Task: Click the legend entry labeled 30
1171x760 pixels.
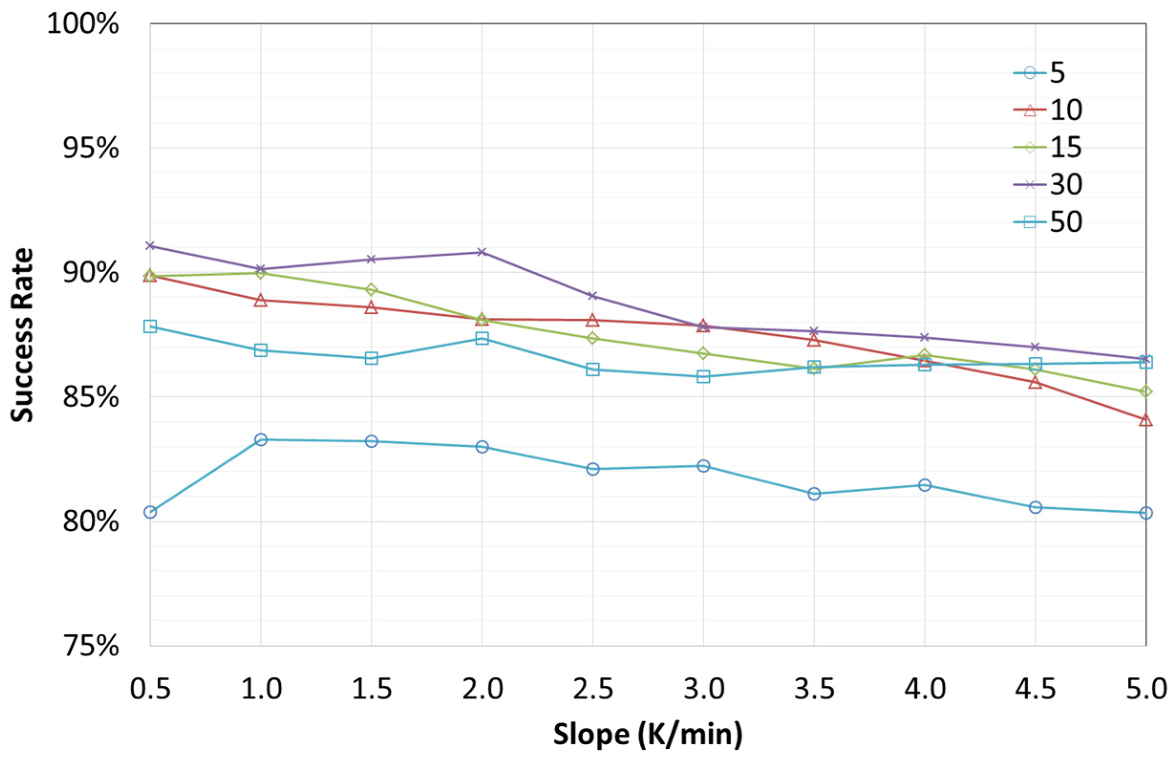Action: pyautogui.click(x=1048, y=184)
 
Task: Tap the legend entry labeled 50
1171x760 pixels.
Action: pyautogui.click(x=1048, y=222)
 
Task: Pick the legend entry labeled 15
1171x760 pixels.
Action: pyautogui.click(x=1048, y=147)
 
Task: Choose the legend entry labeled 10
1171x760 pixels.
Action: pyautogui.click(x=1048, y=110)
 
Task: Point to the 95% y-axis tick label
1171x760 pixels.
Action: pyautogui.click(x=91, y=148)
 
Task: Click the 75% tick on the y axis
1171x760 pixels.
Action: pyautogui.click(x=91, y=646)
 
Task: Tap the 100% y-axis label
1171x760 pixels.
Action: pyautogui.click(x=83, y=23)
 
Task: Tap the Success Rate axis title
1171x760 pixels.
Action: pyautogui.click(x=22, y=335)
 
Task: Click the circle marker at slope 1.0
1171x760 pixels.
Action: pyautogui.click(x=261, y=439)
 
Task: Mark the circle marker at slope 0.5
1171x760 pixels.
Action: pyautogui.click(x=150, y=513)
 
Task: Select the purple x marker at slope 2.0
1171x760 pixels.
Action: pyautogui.click(x=482, y=252)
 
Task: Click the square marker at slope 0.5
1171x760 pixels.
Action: pyautogui.click(x=150, y=326)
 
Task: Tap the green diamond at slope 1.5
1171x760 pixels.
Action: pyautogui.click(x=372, y=289)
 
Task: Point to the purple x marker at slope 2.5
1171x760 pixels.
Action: pyautogui.click(x=593, y=296)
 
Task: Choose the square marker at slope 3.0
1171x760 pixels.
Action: pyautogui.click(x=703, y=377)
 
